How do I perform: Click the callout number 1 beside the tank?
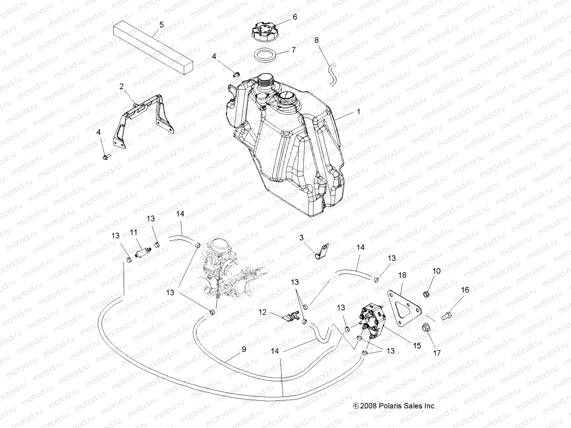[x=358, y=112]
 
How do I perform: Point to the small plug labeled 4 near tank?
[x=235, y=74]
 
